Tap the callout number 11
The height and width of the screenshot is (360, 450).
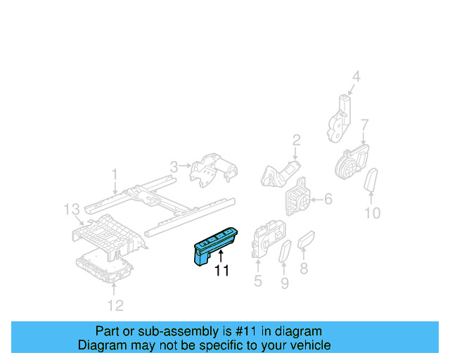222,270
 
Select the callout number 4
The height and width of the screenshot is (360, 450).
356,77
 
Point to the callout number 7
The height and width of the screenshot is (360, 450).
364,127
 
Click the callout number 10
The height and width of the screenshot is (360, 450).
373,213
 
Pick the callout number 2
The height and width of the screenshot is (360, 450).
297,139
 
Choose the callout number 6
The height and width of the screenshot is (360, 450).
328,200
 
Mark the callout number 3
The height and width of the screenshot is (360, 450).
173,166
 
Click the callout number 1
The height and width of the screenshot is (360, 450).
115,172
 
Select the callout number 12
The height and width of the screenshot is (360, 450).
115,304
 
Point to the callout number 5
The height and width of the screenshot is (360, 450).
257,282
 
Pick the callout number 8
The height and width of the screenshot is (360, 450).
304,268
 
